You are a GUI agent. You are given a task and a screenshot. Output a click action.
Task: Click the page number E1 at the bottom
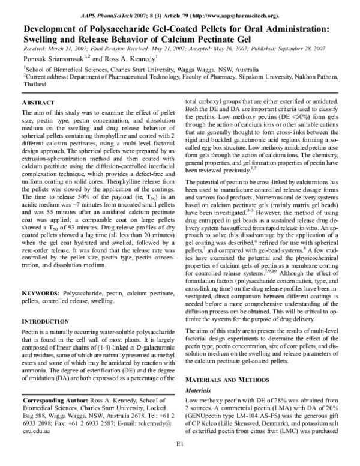coord(179,460)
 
